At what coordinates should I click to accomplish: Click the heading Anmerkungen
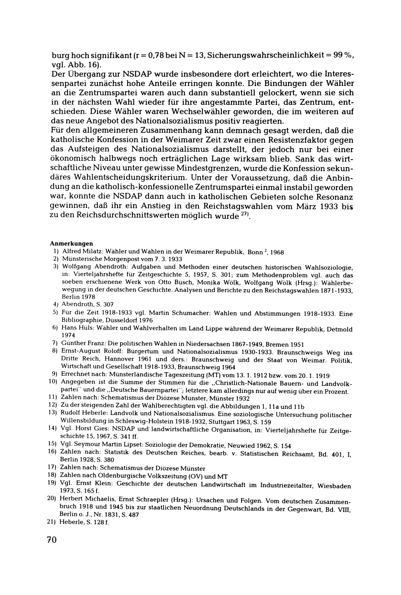pyautogui.click(x=71, y=244)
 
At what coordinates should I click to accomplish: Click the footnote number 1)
pyautogui.click(x=55, y=251)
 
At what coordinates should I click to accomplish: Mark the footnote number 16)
pyautogui.click(x=52, y=452)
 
